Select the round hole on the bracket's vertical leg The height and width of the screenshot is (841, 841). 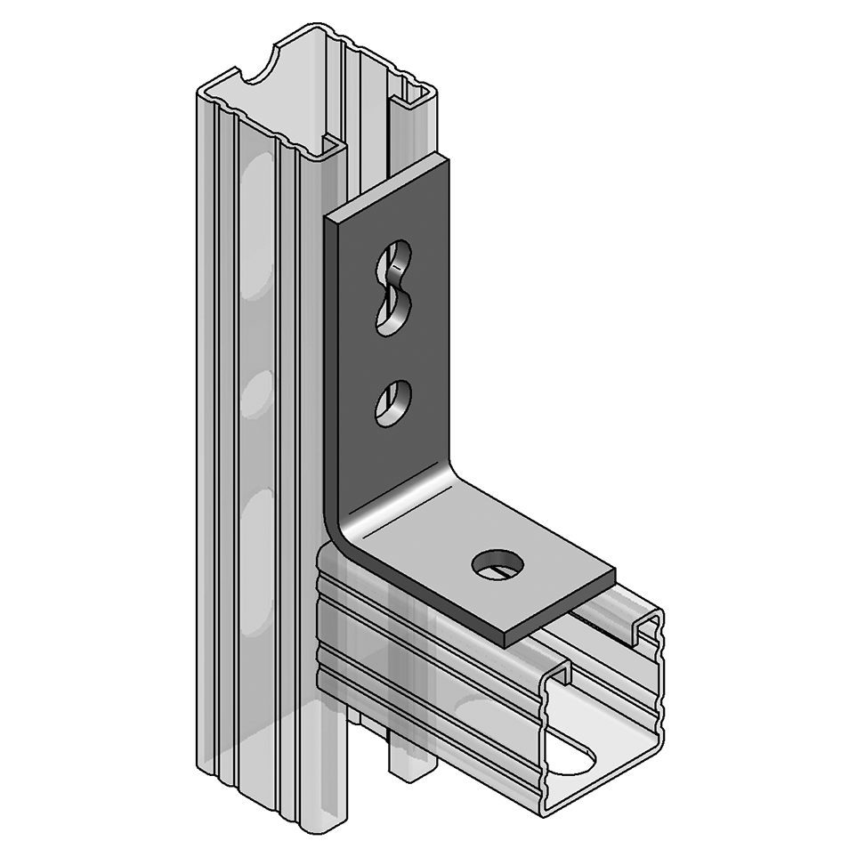[392, 402]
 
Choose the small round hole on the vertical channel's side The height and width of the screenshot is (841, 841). [255, 392]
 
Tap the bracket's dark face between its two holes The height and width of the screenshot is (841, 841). [392, 352]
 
